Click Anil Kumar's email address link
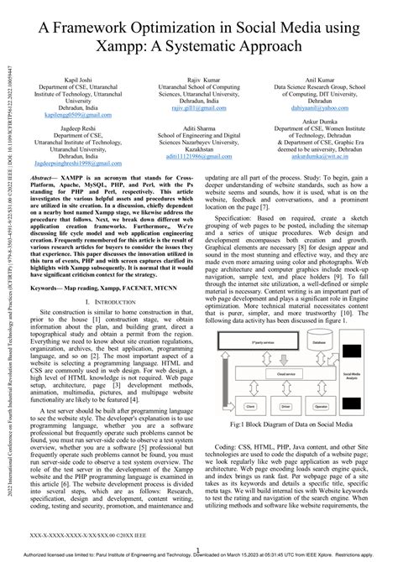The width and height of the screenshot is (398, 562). pyautogui.click(x=321, y=107)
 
